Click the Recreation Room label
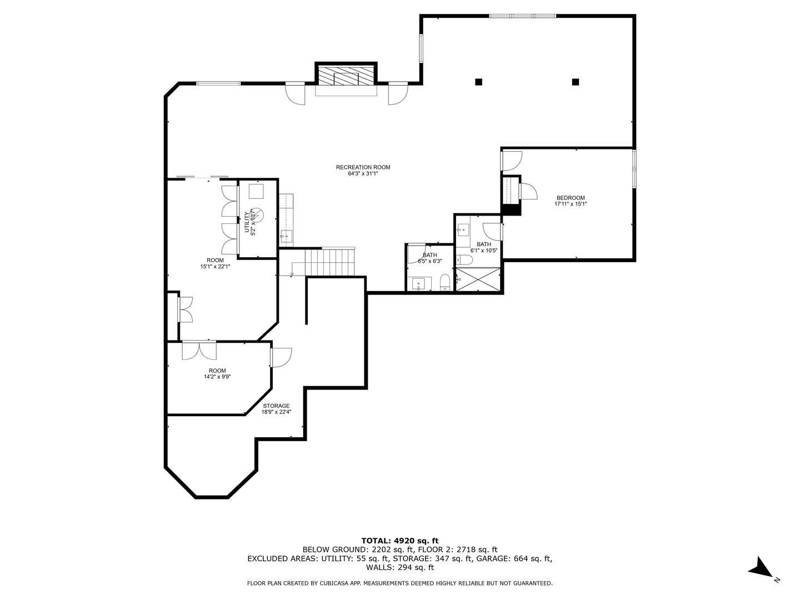point(363,167)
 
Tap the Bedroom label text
point(571,198)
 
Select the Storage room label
point(276,406)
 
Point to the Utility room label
point(247,222)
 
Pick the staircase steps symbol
point(330,262)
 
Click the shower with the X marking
point(478,279)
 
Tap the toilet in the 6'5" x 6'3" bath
point(445,283)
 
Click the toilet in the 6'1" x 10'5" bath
point(464,260)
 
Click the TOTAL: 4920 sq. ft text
point(400,541)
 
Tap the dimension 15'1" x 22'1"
point(215,266)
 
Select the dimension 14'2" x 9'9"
point(217,377)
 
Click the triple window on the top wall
point(522,16)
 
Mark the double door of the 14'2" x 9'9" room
point(199,350)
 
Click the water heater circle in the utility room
point(257,215)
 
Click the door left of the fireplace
point(295,93)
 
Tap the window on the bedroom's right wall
point(634,169)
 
